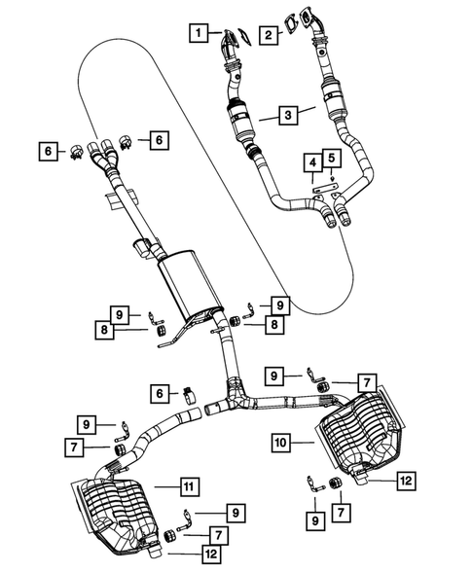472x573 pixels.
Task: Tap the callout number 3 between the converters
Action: tap(287, 116)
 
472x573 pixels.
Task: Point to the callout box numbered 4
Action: tap(311, 161)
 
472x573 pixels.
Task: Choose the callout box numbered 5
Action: tap(331, 157)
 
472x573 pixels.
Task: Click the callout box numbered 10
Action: tap(281, 442)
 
